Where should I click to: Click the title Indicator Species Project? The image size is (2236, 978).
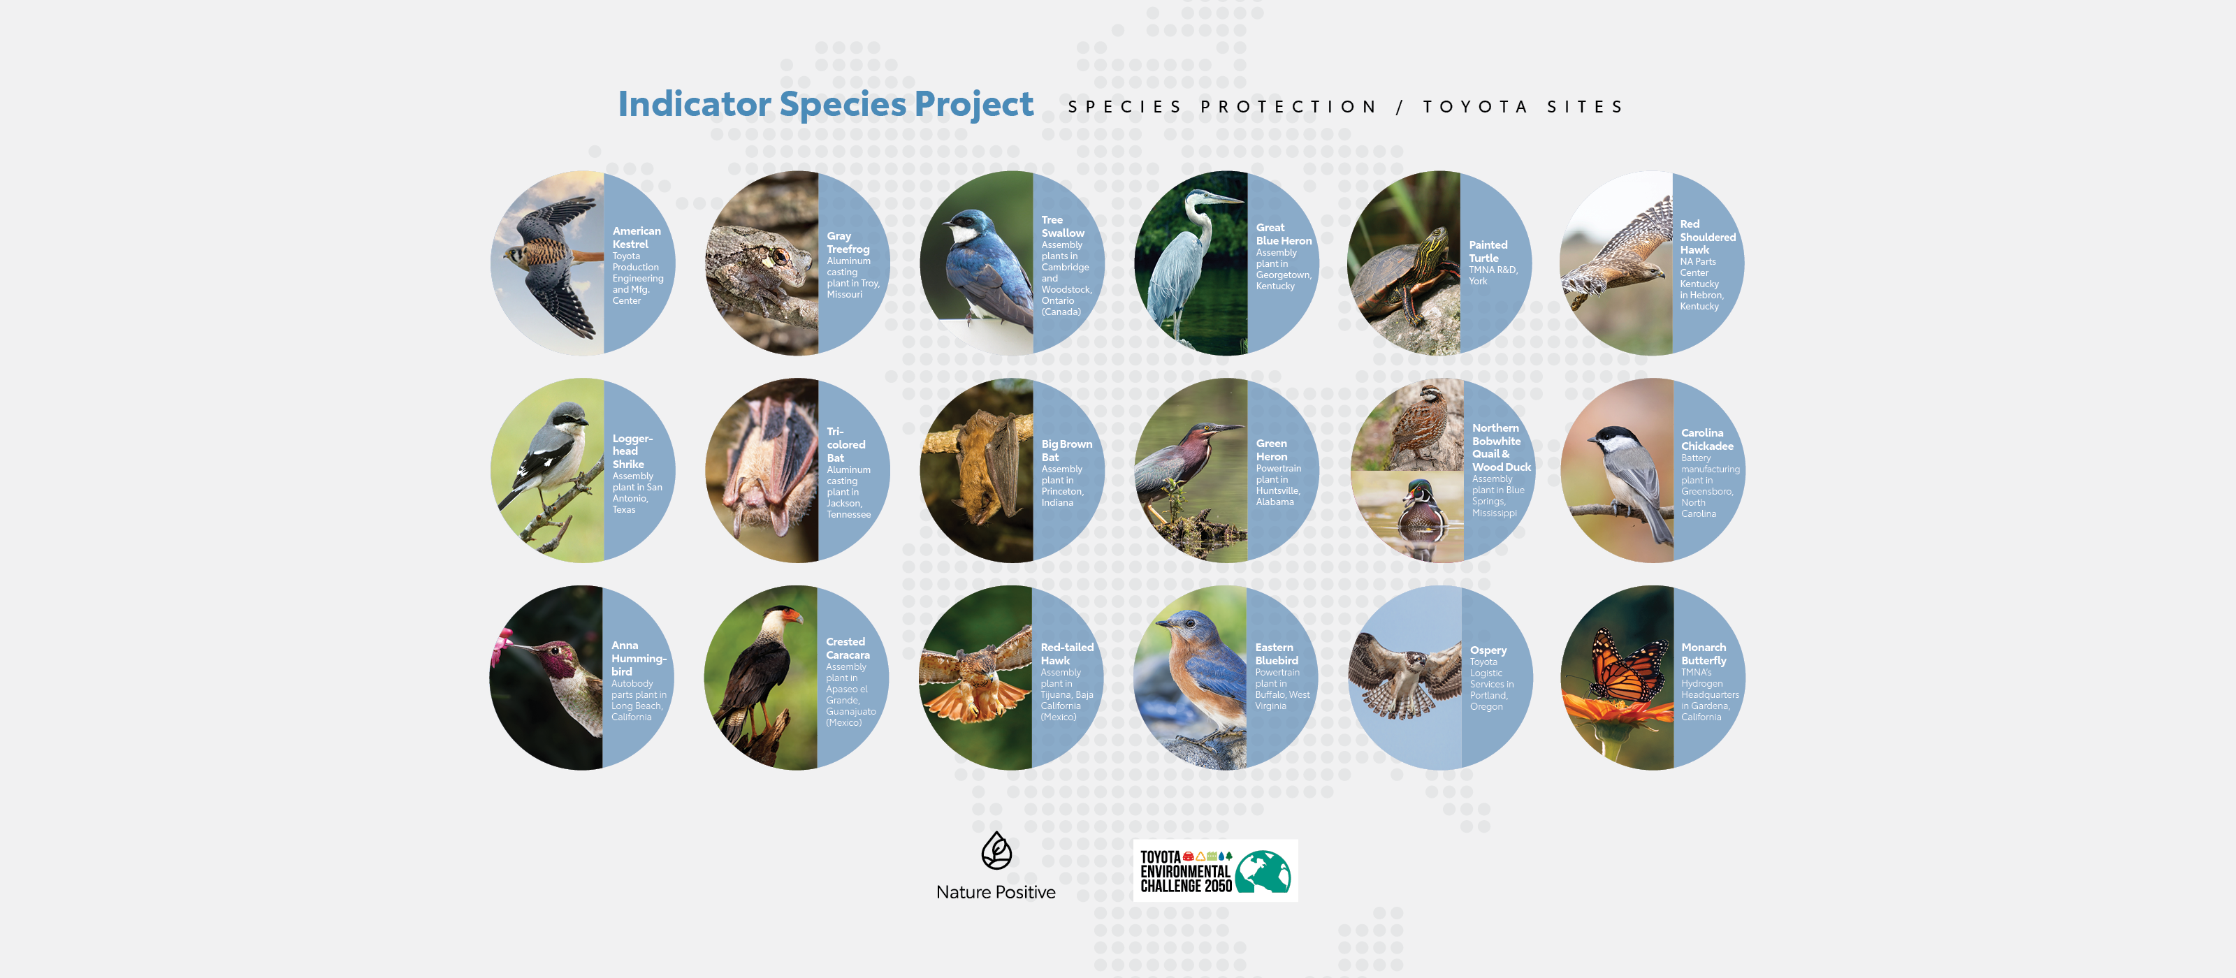tap(825, 104)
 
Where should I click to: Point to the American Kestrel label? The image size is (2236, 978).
tap(637, 237)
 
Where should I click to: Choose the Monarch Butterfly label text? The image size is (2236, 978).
tap(1703, 653)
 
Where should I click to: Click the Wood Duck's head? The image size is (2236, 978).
tap(1420, 493)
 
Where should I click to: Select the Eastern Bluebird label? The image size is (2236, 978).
tap(1276, 653)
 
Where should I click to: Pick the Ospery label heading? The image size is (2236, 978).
tap(1488, 650)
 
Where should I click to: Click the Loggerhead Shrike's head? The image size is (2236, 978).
tap(569, 416)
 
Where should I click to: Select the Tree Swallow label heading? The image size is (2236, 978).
tap(1062, 226)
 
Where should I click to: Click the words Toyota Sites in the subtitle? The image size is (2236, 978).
tap(1523, 107)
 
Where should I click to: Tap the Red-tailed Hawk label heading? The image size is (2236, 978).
tap(1067, 653)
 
